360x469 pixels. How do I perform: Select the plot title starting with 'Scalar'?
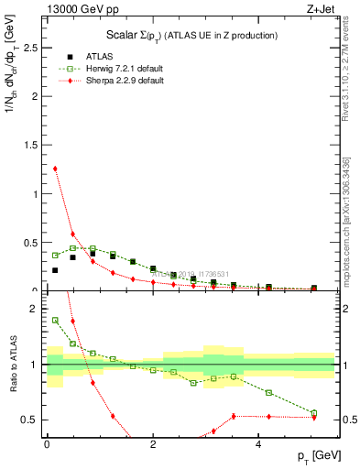[191, 35]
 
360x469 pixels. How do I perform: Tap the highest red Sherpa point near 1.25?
[55, 169]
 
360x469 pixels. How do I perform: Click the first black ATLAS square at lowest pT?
[55, 270]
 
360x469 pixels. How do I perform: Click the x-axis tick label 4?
[259, 444]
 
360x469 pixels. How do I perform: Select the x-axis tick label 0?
[47, 444]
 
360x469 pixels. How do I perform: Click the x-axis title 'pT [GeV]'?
[318, 456]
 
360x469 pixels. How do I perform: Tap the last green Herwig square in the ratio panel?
[313, 413]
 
